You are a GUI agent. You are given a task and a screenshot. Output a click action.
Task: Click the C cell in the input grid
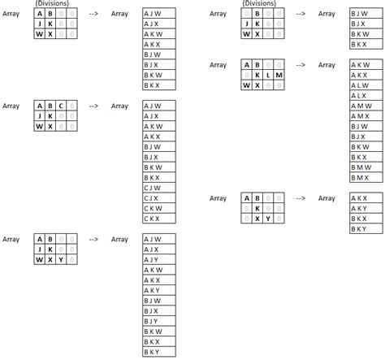point(61,106)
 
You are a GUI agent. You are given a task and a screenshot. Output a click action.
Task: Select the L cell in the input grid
point(268,75)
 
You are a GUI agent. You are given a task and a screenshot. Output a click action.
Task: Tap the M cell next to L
point(279,75)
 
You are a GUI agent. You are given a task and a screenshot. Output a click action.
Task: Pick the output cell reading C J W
point(159,188)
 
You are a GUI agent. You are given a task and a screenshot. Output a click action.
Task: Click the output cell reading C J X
point(159,198)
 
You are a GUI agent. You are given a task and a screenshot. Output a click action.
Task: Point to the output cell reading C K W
point(159,208)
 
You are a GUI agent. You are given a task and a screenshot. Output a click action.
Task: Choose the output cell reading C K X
point(159,219)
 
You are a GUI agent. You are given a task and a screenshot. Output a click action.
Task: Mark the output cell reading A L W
point(366,85)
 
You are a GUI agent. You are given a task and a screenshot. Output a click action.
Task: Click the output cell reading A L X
point(366,96)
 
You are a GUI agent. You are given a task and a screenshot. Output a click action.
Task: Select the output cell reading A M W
point(366,106)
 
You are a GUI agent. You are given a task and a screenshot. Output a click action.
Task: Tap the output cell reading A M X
point(366,116)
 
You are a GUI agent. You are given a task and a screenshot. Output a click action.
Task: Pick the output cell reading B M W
point(366,167)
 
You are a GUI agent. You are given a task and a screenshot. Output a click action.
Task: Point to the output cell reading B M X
point(366,177)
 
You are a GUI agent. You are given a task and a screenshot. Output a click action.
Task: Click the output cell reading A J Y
point(159,259)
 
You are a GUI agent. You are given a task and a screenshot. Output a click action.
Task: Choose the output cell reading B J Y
point(159,321)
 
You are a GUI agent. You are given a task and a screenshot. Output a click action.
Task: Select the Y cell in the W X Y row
point(61,259)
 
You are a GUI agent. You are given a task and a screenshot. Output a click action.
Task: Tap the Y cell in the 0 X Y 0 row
point(268,219)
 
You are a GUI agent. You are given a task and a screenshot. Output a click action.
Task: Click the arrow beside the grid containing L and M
point(301,65)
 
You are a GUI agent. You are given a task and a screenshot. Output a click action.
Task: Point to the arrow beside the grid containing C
point(93,106)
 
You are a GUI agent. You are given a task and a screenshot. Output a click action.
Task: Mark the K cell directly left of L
point(257,75)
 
